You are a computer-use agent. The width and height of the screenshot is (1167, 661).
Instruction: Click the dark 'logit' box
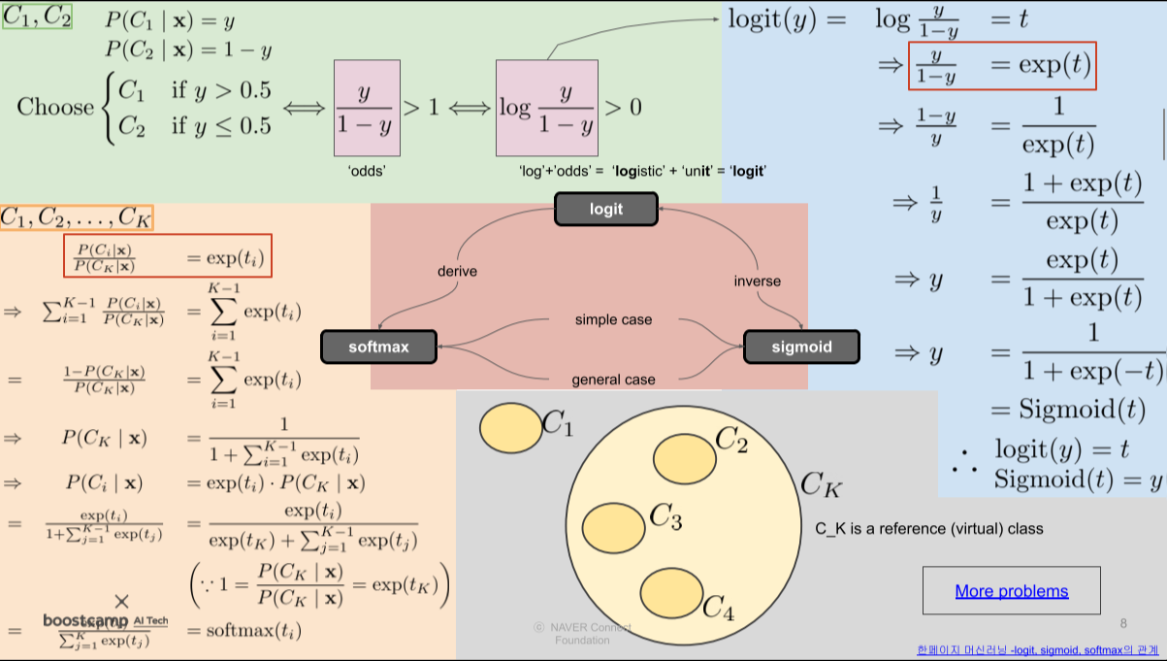click(x=606, y=209)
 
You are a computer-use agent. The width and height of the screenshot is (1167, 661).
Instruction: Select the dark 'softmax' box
click(x=378, y=347)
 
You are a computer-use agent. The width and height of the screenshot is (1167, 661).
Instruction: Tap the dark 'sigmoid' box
click(x=801, y=347)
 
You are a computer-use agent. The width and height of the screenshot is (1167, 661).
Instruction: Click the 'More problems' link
click(x=1011, y=591)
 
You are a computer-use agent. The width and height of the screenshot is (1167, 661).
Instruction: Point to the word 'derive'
click(x=457, y=272)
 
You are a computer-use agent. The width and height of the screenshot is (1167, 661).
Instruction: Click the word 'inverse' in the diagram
click(x=757, y=281)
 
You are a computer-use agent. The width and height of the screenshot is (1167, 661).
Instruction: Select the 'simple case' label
click(x=613, y=319)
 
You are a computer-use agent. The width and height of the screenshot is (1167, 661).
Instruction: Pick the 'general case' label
click(x=613, y=380)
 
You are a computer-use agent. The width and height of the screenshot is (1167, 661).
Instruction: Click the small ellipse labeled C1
click(x=511, y=427)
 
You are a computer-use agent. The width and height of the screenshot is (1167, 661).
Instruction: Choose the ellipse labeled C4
click(x=672, y=594)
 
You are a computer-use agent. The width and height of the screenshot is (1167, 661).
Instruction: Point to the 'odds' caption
click(x=369, y=171)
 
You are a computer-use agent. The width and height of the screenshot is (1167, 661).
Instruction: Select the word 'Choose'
click(x=55, y=106)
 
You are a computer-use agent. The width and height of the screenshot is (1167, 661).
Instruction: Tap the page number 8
click(x=1123, y=622)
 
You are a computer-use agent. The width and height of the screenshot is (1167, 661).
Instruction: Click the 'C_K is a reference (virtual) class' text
click(x=929, y=529)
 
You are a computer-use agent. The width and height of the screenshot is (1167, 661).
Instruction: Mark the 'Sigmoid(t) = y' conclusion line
click(x=1077, y=479)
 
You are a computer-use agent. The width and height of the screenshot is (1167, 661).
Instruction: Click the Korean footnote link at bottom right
click(x=1036, y=650)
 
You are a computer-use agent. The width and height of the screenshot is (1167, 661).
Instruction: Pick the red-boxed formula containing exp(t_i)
click(x=167, y=256)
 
